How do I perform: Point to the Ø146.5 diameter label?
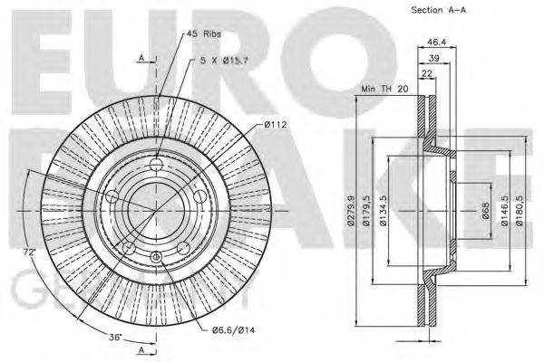[504, 218]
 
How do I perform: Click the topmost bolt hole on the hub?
[157, 164]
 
